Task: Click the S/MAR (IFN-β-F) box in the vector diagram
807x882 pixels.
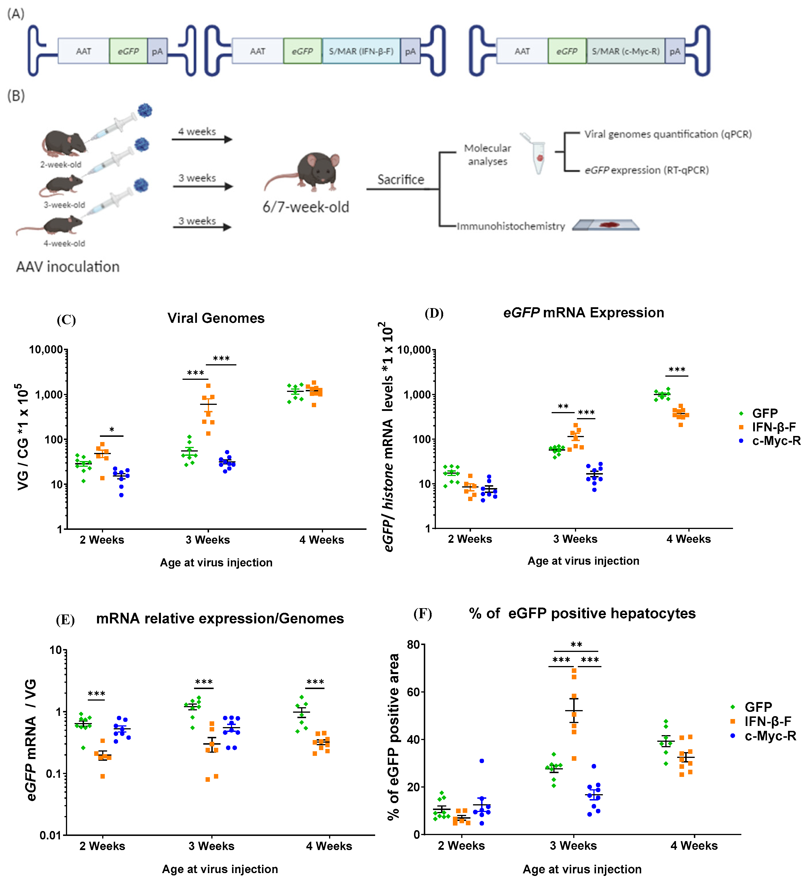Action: (x=361, y=51)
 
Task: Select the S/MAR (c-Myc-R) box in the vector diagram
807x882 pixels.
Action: (x=626, y=51)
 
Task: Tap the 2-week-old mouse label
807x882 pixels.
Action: (x=61, y=164)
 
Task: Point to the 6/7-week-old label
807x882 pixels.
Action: (x=306, y=207)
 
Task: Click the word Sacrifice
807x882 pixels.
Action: (x=401, y=180)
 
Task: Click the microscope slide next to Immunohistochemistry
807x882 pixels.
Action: (x=606, y=225)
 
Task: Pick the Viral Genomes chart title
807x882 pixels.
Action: (x=216, y=318)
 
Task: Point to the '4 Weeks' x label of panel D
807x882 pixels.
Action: (x=688, y=539)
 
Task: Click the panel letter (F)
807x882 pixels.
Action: (x=423, y=614)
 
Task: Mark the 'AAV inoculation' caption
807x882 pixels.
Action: (x=68, y=267)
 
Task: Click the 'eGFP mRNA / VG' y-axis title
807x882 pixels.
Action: (x=31, y=739)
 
